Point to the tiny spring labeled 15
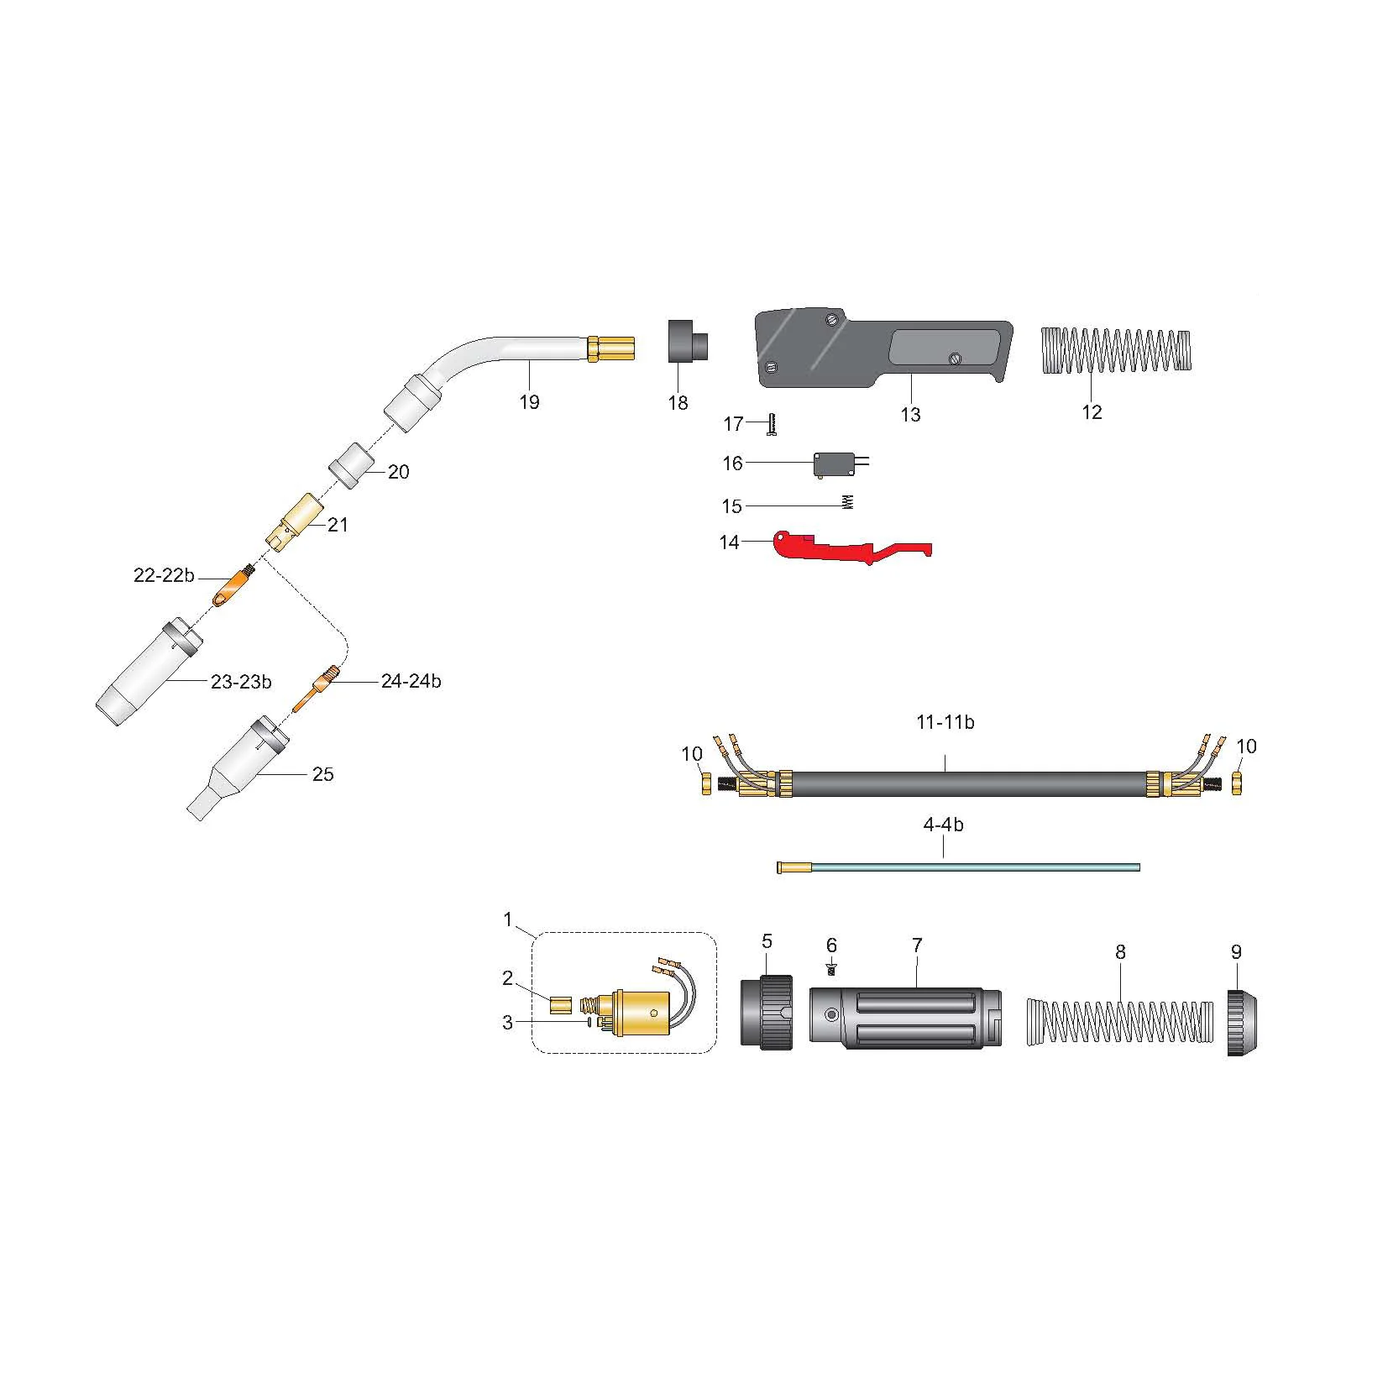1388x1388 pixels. click(x=847, y=502)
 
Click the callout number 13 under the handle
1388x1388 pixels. click(x=910, y=415)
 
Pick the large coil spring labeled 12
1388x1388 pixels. click(x=1115, y=349)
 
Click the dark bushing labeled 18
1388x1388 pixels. click(x=687, y=341)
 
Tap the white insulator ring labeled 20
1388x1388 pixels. click(x=353, y=464)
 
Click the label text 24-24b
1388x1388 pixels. click(x=411, y=681)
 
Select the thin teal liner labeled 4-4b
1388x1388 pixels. click(x=957, y=867)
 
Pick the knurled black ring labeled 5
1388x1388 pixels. click(x=767, y=1012)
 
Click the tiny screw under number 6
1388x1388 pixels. click(x=831, y=971)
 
